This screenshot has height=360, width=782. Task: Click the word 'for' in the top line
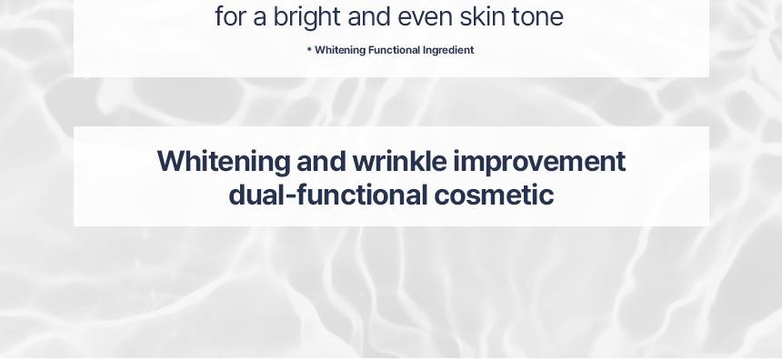pyautogui.click(x=230, y=16)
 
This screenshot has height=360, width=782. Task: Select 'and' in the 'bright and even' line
pyautogui.click(x=368, y=16)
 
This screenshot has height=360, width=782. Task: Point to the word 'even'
pyautogui.click(x=425, y=18)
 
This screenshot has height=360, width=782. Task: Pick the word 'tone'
pyautogui.click(x=537, y=17)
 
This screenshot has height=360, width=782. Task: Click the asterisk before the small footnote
pyautogui.click(x=309, y=49)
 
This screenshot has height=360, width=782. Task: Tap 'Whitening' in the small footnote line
pyautogui.click(x=340, y=50)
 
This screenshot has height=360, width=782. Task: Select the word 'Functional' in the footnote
pyautogui.click(x=394, y=50)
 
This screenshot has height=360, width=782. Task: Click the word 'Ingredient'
pyautogui.click(x=448, y=50)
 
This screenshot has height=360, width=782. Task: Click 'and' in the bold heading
pyautogui.click(x=321, y=162)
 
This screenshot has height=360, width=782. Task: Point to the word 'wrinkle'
pyautogui.click(x=399, y=162)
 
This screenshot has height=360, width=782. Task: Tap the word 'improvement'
pyautogui.click(x=539, y=163)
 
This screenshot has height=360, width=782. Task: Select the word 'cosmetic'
pyautogui.click(x=494, y=195)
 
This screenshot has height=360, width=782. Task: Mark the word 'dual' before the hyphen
pyautogui.click(x=256, y=195)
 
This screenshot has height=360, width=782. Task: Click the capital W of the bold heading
pyautogui.click(x=172, y=161)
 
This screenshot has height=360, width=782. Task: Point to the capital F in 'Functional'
pyautogui.click(x=371, y=50)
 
